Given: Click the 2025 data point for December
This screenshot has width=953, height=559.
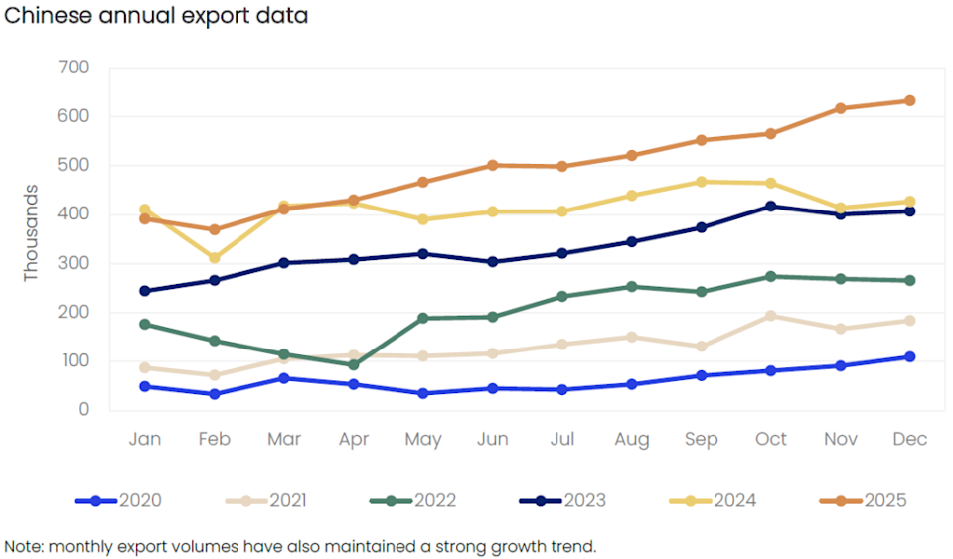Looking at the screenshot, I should (x=909, y=100).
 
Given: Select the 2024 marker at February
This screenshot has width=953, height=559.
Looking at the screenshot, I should (x=214, y=258).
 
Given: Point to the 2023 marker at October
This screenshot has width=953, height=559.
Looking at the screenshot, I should (x=770, y=207).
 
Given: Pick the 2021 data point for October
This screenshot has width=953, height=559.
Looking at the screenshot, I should (x=770, y=316).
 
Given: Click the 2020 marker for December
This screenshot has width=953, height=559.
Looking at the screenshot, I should (x=909, y=356).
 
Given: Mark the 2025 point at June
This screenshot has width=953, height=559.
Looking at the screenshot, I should (x=492, y=165).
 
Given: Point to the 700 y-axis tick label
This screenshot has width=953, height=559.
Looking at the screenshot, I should (x=74, y=68).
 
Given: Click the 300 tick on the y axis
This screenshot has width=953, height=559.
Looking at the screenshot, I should (x=74, y=263).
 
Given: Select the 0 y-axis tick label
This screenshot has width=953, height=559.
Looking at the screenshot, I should (x=84, y=409).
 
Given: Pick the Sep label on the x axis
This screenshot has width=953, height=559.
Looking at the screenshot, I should (x=701, y=439).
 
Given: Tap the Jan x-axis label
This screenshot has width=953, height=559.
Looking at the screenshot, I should (x=144, y=439).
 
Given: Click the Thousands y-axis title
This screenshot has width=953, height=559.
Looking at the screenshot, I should (x=32, y=232).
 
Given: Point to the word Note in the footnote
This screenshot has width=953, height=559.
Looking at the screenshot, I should (x=24, y=546).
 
